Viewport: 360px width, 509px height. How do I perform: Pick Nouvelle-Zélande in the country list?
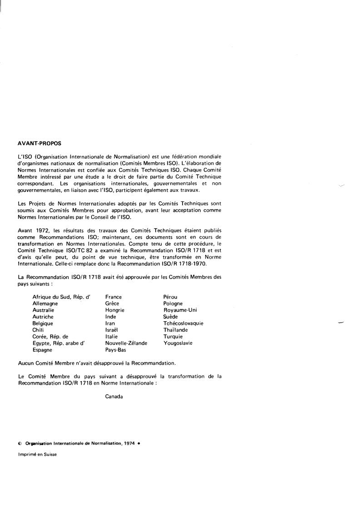click(126, 343)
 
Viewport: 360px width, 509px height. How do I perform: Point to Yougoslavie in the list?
click(178, 343)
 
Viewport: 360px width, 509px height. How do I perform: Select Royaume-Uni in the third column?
click(180, 310)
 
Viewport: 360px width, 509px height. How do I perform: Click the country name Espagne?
click(42, 350)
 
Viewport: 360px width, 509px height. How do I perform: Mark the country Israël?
click(112, 330)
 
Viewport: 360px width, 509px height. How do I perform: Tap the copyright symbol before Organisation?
click(20, 444)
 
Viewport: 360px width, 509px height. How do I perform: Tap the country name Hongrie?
click(115, 310)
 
